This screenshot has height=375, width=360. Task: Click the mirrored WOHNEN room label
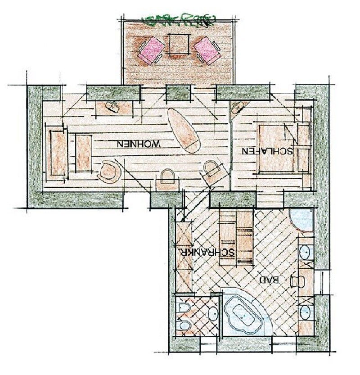[x=138, y=144]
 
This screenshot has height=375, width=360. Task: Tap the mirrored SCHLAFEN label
[x=267, y=151]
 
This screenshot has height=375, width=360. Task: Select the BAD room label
[x=270, y=280]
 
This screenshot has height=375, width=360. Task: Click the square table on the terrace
[x=180, y=44]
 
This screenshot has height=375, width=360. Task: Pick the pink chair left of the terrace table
[x=151, y=51]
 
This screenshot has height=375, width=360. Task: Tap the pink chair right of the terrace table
[x=207, y=51]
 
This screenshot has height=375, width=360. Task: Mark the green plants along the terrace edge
[x=179, y=20]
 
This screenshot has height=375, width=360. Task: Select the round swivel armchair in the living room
[x=110, y=172]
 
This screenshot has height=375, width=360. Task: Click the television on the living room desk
[x=112, y=107]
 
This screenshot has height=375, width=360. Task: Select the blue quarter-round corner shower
[x=301, y=220]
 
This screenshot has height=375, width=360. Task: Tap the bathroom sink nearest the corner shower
[x=306, y=251]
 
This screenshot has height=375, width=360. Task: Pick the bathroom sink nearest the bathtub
[x=306, y=312]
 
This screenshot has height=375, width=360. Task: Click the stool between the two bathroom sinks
[x=297, y=281]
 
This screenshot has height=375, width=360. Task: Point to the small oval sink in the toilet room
[x=213, y=313]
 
